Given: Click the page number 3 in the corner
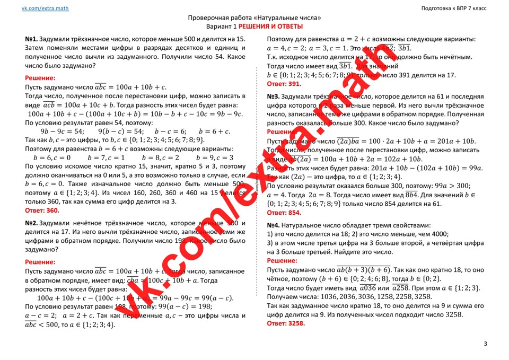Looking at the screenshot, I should point(485,344).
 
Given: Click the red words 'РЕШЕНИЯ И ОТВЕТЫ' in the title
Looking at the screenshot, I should point(270,27).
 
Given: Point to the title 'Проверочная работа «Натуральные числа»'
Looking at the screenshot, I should point(254,17).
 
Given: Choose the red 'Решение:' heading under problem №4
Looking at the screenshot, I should point(282,260).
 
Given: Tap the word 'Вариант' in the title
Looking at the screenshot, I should point(219,27).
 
